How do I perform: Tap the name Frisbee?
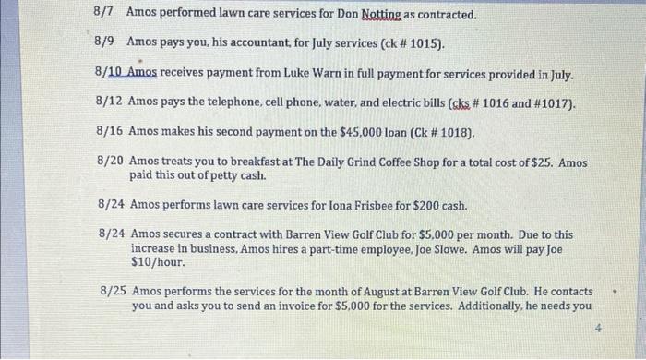(x=355, y=204)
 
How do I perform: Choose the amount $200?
(x=417, y=204)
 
